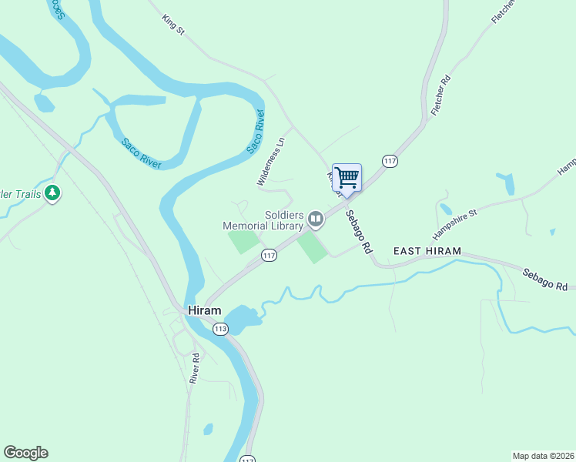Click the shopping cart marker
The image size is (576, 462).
point(347,177)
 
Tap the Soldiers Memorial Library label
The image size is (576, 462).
point(263,220)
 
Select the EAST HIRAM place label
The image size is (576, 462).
point(427,251)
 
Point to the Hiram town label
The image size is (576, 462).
point(204,310)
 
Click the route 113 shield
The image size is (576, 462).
point(221,329)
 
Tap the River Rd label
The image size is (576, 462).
point(196,368)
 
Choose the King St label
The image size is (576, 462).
point(174,24)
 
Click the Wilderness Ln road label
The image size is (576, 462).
point(270,160)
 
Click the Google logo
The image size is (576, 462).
point(25,453)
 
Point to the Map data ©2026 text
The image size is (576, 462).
point(542,455)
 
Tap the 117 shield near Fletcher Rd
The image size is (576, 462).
point(390,160)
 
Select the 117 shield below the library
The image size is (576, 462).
point(269,256)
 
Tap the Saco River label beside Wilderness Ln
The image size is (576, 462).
point(256,131)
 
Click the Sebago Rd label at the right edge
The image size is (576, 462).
point(548,280)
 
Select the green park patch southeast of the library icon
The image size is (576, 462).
point(313,247)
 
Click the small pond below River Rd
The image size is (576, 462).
point(208,429)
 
